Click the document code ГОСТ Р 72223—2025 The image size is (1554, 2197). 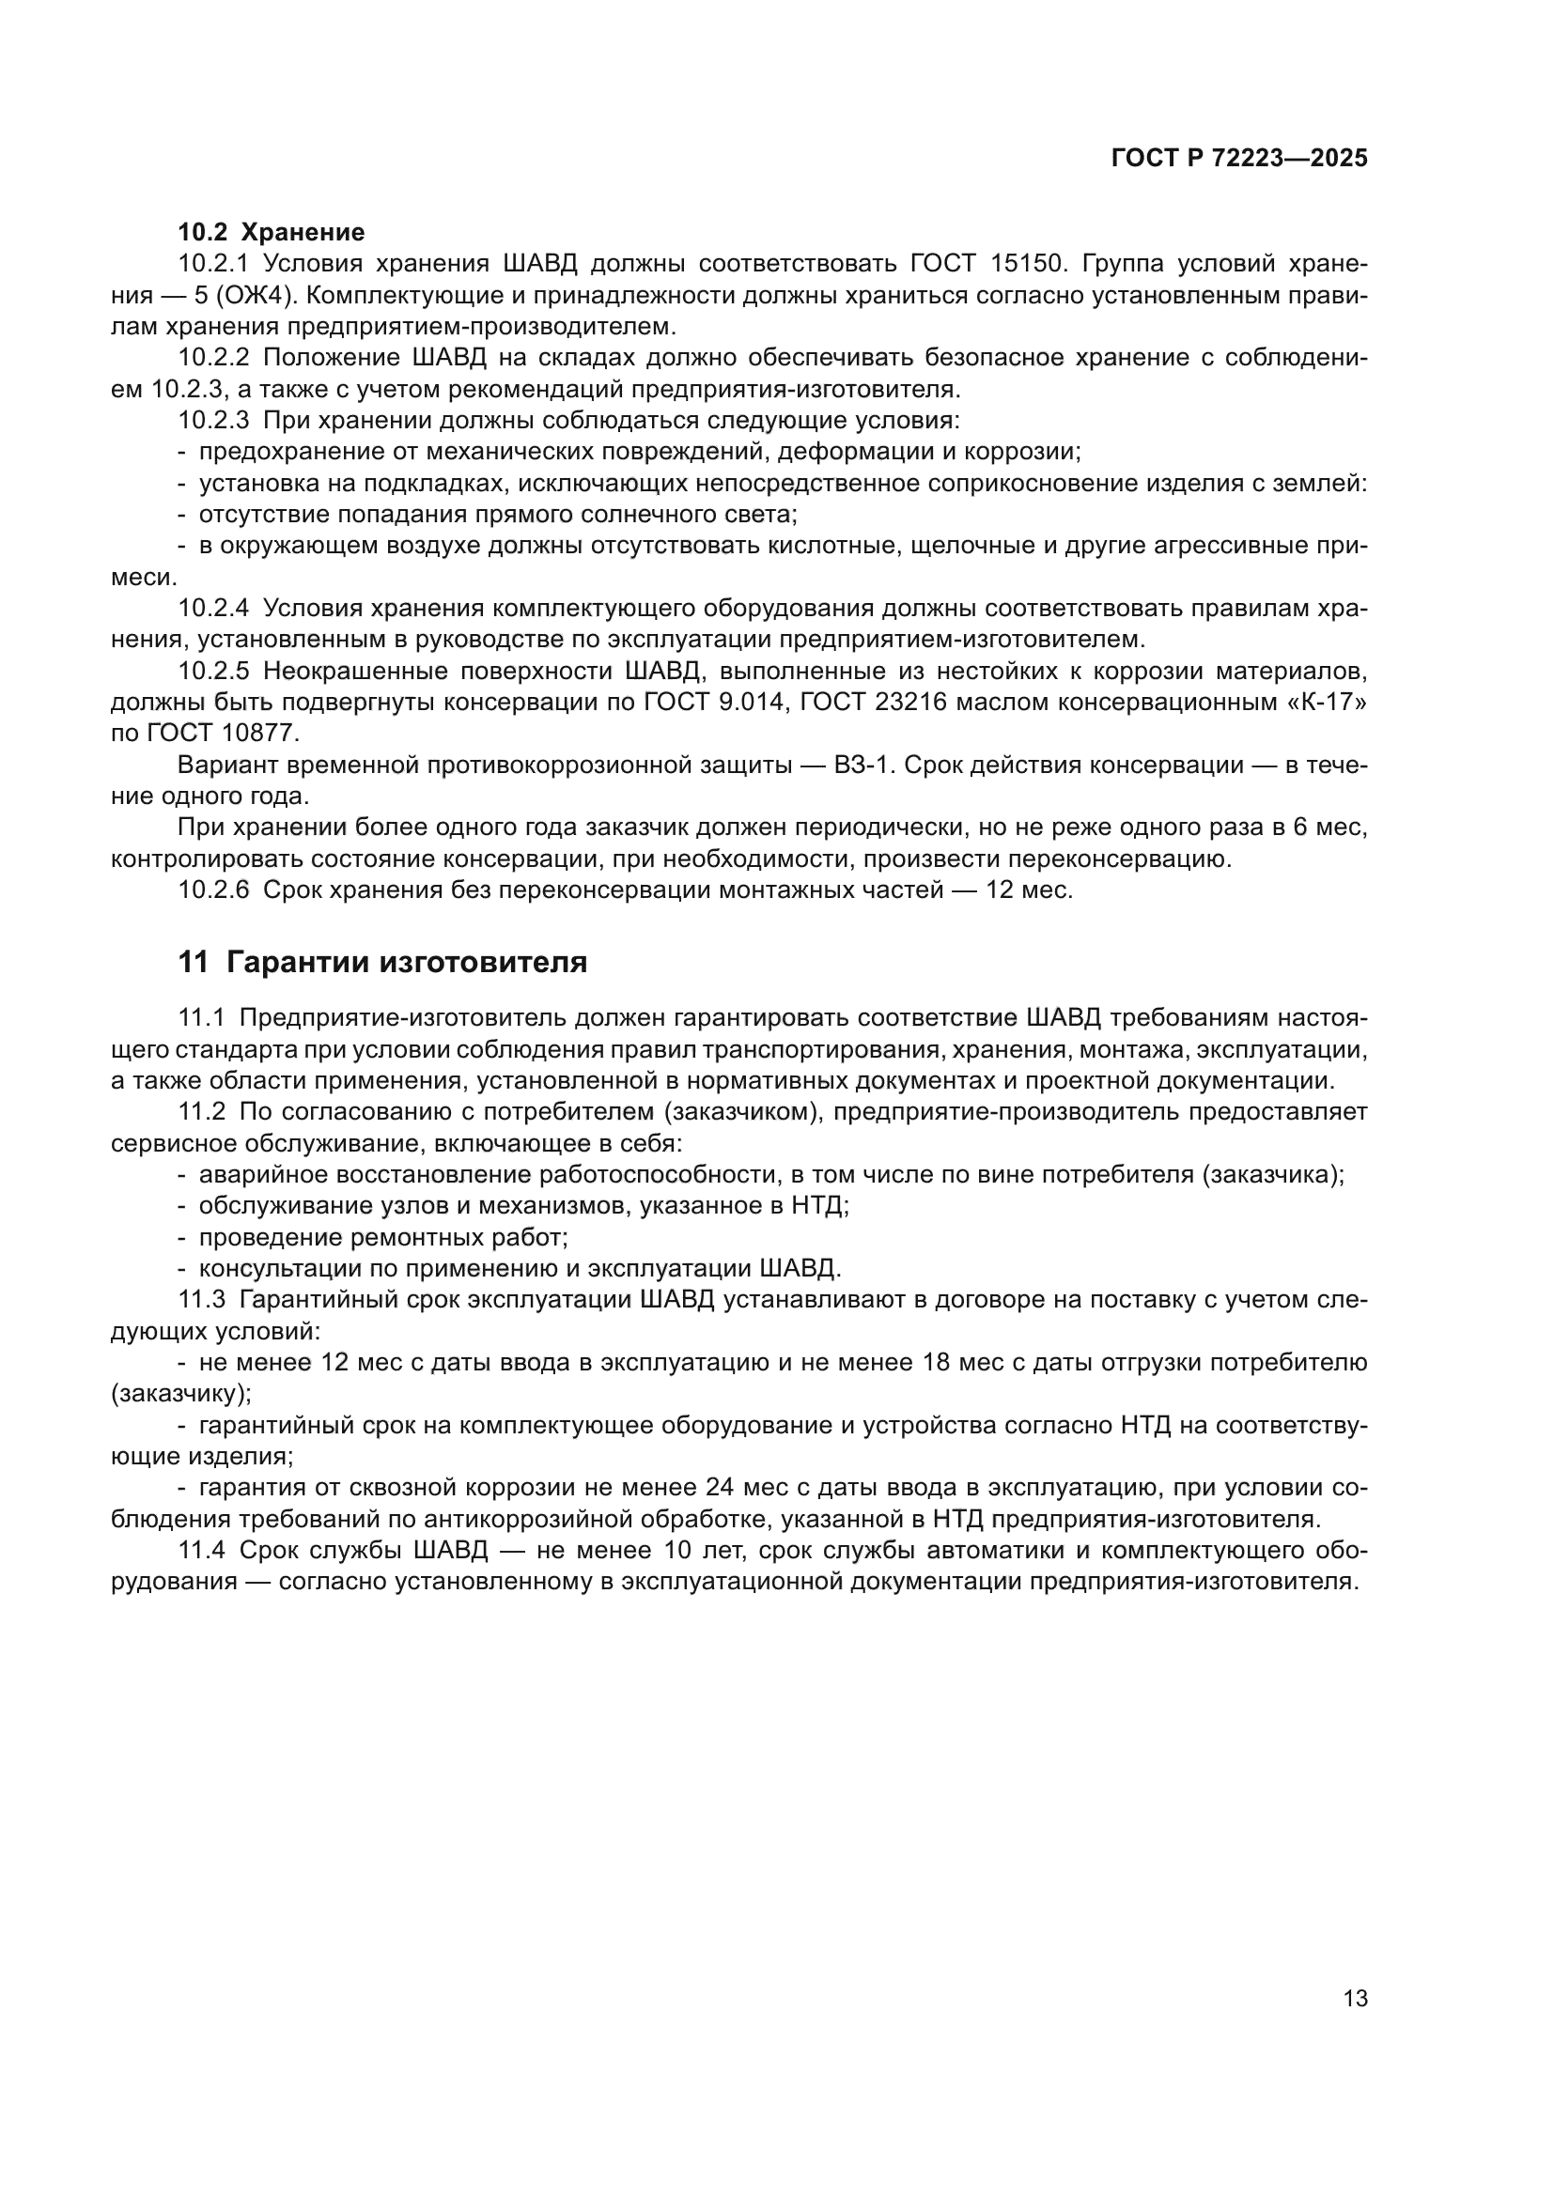(x=1239, y=158)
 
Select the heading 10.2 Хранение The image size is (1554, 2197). (x=271, y=232)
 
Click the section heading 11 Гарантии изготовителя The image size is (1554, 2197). (x=382, y=962)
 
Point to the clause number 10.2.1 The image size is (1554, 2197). (x=213, y=263)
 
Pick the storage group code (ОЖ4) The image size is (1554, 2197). (x=261, y=295)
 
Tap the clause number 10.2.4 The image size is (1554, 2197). (x=213, y=608)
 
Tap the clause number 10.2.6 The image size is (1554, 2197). (x=213, y=890)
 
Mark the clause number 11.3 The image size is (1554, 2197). (x=201, y=1299)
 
